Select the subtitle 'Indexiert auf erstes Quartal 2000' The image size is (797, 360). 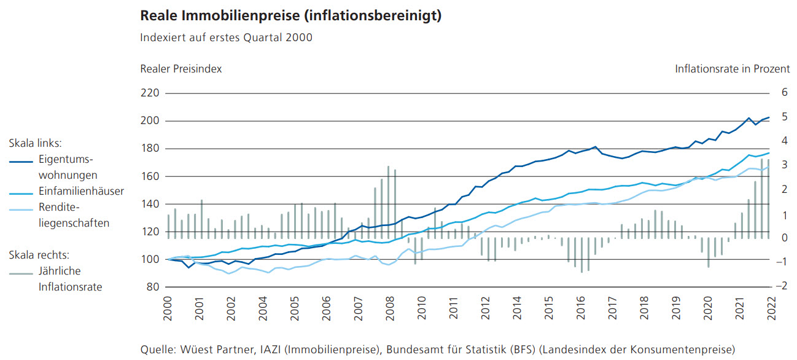point(227,37)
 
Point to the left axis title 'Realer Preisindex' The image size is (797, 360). point(181,69)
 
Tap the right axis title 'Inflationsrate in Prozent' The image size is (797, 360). point(733,69)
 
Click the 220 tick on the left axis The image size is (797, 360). point(150,93)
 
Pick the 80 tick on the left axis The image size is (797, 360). point(153,287)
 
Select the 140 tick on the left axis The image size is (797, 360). point(150,204)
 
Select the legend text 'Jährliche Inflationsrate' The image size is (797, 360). point(70,278)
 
